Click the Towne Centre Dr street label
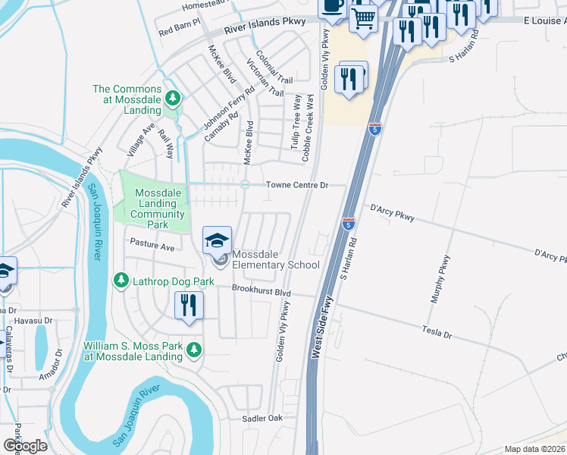click(x=296, y=185)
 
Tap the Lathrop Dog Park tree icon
click(x=121, y=281)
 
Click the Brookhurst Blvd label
click(x=262, y=292)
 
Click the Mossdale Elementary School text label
click(x=275, y=259)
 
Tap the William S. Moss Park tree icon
click(x=195, y=350)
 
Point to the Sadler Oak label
click(x=262, y=419)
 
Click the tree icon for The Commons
click(x=173, y=98)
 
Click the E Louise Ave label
click(x=545, y=22)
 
